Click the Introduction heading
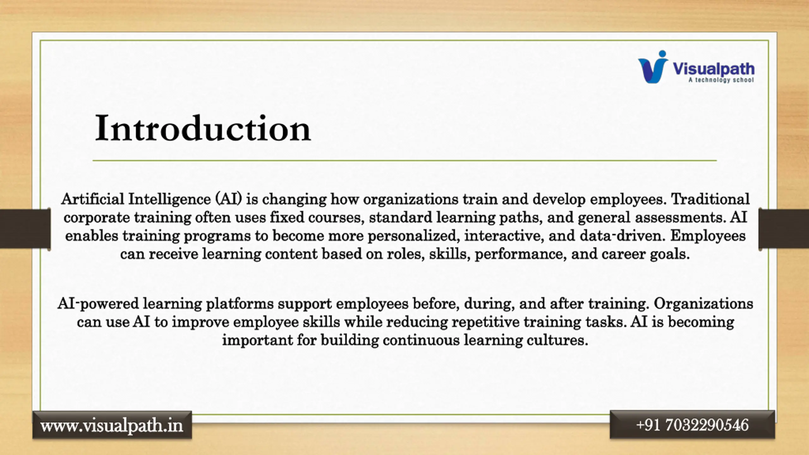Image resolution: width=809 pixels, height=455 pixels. [203, 129]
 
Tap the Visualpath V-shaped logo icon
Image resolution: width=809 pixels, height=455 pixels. [653, 67]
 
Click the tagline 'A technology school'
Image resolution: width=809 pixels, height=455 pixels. [721, 80]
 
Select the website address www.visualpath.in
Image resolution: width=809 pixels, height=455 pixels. [112, 426]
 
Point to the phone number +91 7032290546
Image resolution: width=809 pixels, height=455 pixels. [692, 425]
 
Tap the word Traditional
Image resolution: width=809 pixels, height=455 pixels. [710, 199]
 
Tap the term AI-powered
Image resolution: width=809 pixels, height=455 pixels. [98, 304]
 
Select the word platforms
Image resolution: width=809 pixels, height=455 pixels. [240, 304]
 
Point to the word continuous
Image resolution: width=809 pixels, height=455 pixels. [421, 340]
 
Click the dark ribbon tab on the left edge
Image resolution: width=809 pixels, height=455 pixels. [25, 228]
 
